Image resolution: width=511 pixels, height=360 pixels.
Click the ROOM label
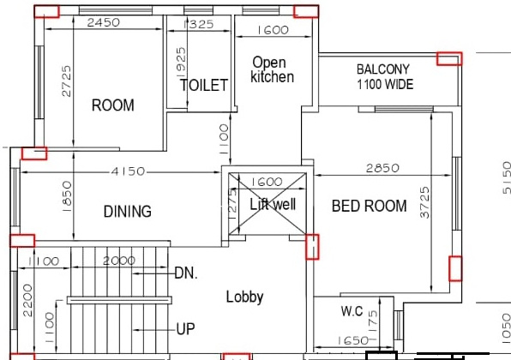click(x=113, y=105)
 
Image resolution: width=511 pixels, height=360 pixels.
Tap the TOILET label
click(x=204, y=85)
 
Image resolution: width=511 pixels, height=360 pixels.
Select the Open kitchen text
click(x=272, y=70)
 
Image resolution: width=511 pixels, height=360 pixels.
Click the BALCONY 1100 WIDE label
click(x=384, y=77)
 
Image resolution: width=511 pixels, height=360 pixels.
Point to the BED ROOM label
click(x=369, y=206)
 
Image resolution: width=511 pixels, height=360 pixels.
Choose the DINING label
click(x=128, y=212)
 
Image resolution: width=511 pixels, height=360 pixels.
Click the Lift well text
click(x=272, y=205)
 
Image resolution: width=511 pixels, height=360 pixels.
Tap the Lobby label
click(x=244, y=297)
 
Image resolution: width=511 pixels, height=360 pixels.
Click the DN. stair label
click(x=187, y=273)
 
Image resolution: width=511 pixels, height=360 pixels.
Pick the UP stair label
click(x=185, y=328)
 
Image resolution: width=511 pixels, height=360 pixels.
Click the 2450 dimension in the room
click(x=104, y=23)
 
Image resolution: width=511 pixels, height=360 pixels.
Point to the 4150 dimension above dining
click(x=127, y=171)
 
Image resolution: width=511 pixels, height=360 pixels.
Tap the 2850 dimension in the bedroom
click(x=383, y=168)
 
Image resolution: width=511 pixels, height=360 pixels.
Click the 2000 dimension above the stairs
click(x=119, y=261)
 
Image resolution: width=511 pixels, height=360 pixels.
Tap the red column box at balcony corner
click(x=448, y=58)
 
